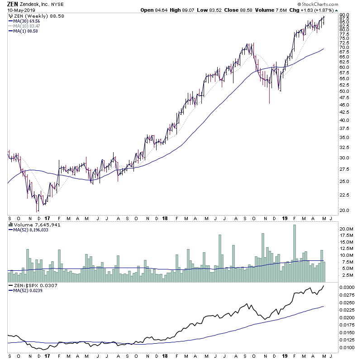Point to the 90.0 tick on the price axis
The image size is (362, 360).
tap(345, 15)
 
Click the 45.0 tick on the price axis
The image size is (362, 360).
tap(345, 105)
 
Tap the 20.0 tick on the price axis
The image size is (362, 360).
tap(345, 210)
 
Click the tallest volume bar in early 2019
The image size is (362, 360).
tap(295, 249)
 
